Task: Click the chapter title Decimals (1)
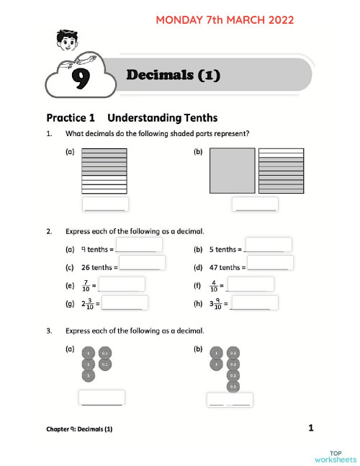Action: click(x=173, y=75)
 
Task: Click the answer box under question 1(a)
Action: click(x=105, y=205)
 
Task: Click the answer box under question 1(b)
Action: click(x=255, y=205)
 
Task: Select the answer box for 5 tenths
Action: click(x=268, y=244)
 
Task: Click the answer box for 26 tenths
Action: click(x=143, y=262)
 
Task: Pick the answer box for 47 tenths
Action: click(x=270, y=262)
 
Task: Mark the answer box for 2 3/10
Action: click(x=125, y=303)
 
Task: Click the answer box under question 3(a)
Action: click(x=102, y=398)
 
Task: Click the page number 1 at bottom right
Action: click(x=310, y=429)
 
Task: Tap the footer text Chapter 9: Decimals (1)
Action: click(x=79, y=429)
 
